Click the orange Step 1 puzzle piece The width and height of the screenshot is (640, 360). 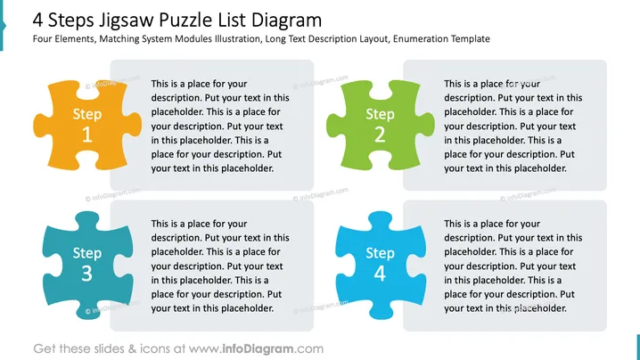87,126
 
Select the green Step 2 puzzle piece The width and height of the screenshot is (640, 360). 381,126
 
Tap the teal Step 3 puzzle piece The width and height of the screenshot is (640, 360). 87,266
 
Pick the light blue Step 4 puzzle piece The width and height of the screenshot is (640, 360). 381,266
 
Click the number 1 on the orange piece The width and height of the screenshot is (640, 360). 87,135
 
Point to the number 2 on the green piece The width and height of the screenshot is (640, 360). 380,135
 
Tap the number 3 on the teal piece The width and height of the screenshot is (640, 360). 87,274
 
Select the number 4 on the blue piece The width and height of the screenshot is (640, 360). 380,274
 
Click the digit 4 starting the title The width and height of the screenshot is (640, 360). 38,20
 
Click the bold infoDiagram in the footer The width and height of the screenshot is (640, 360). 258,349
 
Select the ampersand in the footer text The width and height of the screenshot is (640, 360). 132,349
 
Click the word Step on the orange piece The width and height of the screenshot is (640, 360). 87,115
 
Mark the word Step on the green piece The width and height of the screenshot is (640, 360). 380,115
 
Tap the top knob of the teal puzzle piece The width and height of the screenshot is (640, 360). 87,219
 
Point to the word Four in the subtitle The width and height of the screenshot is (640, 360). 43,39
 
